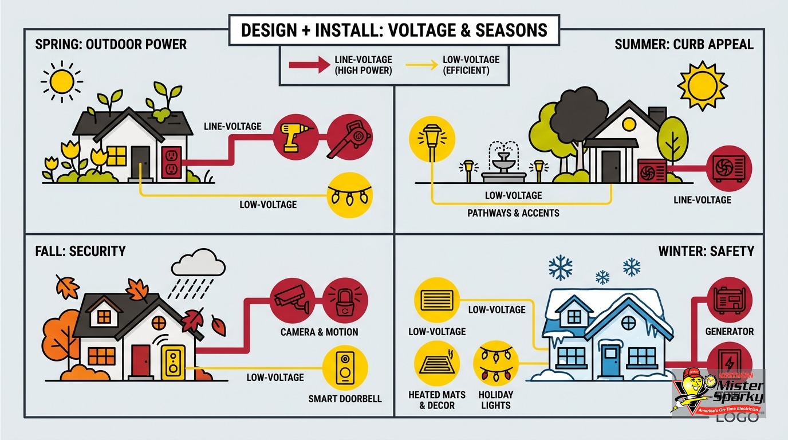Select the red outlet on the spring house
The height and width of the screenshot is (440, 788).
coord(172,162)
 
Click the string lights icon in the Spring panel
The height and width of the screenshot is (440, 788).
coord(349,196)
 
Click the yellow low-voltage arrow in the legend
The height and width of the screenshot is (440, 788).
coord(421,65)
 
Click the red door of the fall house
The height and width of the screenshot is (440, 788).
coord(141,361)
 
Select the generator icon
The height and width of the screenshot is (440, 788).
coord(729,301)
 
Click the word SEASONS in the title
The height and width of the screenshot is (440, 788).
coord(511,30)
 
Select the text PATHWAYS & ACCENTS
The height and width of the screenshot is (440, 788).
coord(513,213)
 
